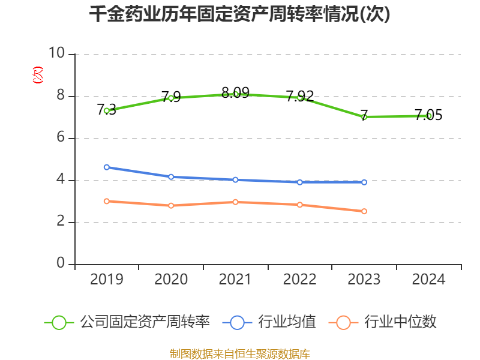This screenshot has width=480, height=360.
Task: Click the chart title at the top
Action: tap(240, 14)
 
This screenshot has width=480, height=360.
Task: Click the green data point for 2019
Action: tap(106, 110)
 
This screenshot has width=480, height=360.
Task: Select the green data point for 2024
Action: tap(429, 116)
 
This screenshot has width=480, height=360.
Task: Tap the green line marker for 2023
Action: tap(364, 116)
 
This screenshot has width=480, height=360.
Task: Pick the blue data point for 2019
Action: tap(106, 167)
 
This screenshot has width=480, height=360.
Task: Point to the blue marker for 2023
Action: tap(364, 182)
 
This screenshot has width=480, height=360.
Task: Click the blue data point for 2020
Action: tap(171, 177)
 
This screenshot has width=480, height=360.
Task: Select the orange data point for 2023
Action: tap(364, 211)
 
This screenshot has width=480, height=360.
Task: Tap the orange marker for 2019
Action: tap(106, 201)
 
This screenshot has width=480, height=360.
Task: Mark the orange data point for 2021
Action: tap(235, 202)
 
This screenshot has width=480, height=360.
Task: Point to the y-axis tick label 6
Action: tap(61, 138)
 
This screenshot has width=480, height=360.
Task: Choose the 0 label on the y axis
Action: tap(61, 264)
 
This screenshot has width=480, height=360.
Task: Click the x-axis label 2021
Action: tap(235, 280)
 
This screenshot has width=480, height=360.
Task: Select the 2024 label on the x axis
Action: tap(429, 280)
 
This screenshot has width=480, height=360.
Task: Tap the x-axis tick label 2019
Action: tap(106, 280)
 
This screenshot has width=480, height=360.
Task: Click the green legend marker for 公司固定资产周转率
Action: tap(59, 322)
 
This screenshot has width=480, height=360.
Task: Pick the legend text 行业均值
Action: tap(287, 322)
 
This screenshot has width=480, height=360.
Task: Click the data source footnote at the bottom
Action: tap(240, 353)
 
